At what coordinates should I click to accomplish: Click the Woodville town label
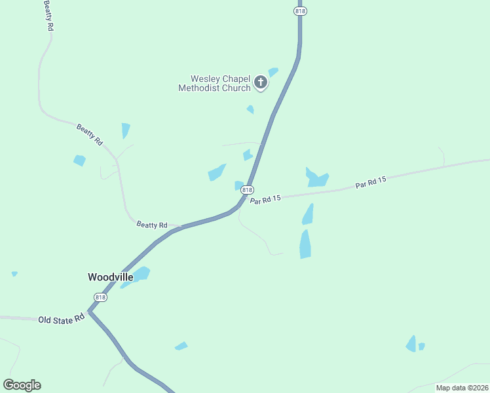111,277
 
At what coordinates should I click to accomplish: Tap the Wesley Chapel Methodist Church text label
215,84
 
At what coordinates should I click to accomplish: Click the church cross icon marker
261,83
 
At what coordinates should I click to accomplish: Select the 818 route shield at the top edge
300,10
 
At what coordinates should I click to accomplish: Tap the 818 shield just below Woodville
100,297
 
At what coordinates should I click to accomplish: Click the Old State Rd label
62,320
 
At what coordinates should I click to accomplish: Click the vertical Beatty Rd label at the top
48,16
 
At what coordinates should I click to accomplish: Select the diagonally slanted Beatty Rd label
90,134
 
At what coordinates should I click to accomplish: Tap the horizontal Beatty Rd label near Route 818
152,225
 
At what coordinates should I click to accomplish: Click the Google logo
22,385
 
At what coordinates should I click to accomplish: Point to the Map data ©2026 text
462,388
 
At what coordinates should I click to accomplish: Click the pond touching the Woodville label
140,273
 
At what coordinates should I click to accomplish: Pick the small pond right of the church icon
273,71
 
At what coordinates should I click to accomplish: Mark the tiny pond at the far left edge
14,274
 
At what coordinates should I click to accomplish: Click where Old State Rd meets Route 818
89,312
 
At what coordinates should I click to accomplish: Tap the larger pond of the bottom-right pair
411,344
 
